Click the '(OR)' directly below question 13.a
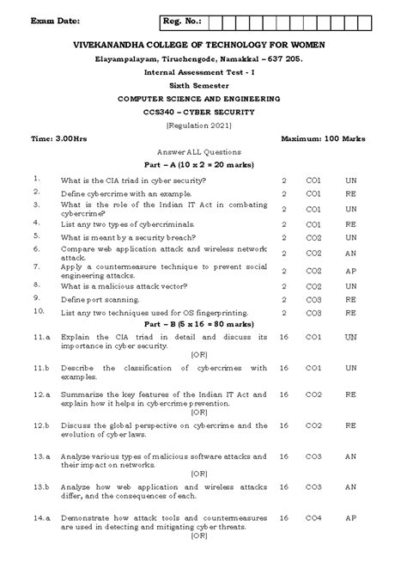click(199, 472)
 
